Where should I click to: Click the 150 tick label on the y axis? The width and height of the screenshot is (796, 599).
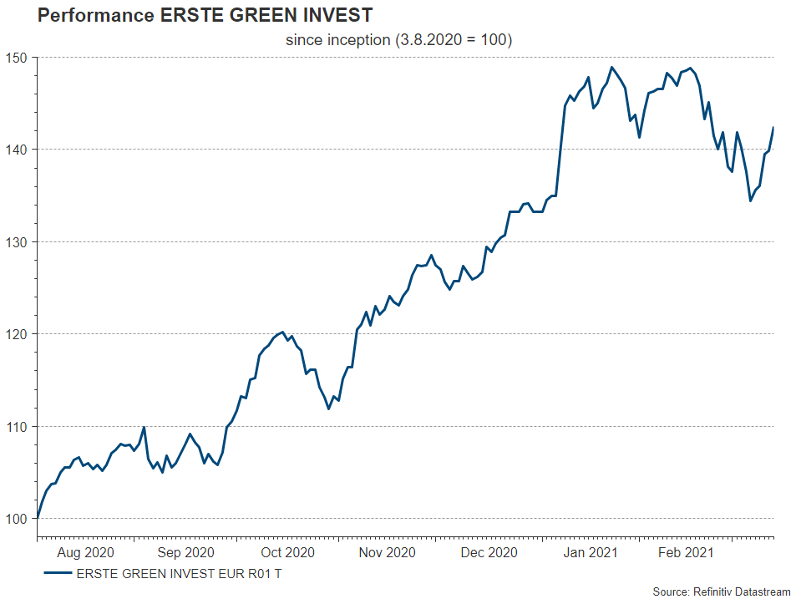coord(17,58)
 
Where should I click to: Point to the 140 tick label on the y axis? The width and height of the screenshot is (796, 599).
coord(17,150)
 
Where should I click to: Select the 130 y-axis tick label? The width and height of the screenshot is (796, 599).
coord(17,242)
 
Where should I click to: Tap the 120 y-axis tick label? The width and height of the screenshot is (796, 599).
coord(17,334)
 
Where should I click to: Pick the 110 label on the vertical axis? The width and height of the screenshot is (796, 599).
coord(17,427)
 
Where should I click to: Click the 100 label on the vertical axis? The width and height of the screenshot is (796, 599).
coord(17,519)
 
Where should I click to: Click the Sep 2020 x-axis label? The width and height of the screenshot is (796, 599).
coord(185,552)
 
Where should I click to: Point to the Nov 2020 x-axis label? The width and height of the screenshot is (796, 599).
coord(387,552)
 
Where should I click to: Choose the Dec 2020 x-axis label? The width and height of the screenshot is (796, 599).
coord(489,552)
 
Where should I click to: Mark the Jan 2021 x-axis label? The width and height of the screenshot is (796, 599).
coord(589,552)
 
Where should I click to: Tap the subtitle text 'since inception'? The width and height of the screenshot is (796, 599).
coord(337,40)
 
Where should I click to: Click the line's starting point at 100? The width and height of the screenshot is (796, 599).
coord(38,518)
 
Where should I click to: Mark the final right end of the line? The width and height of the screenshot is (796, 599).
coord(773,128)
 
